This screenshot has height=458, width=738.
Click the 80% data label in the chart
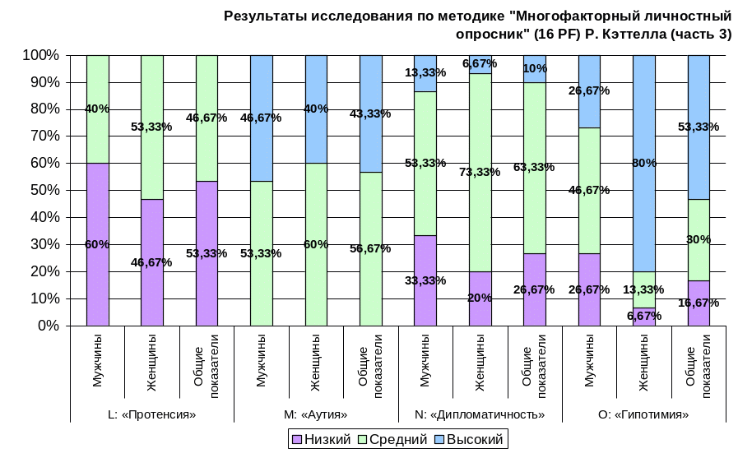[x=644, y=163]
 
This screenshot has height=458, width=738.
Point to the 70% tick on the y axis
[x=42, y=136]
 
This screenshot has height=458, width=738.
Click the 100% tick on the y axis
[x=40, y=55]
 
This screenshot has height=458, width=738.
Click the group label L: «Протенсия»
[x=152, y=414]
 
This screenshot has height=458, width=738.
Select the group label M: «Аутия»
[x=316, y=414]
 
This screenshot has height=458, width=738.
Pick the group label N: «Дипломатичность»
[x=480, y=414]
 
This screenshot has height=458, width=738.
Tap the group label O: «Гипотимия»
[x=644, y=414]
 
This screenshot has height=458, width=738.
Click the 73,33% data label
[x=480, y=172]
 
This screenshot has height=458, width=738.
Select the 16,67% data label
[x=699, y=303]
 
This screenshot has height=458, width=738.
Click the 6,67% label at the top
[x=479, y=63]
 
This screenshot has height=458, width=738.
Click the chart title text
[x=478, y=25]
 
